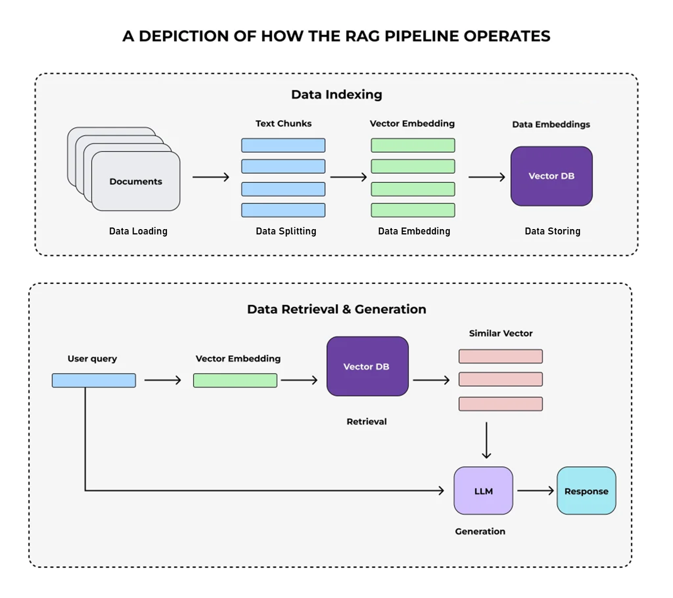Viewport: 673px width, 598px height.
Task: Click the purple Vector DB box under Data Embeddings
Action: click(551, 176)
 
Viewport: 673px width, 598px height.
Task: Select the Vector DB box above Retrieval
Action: click(367, 366)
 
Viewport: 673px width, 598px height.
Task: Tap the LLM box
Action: click(483, 491)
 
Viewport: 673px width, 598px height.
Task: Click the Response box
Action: click(586, 491)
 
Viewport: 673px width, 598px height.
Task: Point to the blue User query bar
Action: click(94, 380)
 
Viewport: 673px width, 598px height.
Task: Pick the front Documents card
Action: click(136, 181)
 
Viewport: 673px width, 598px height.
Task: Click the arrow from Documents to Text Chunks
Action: click(211, 177)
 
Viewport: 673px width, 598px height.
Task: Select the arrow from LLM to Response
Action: click(535, 491)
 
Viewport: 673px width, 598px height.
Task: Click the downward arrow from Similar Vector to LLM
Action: click(486, 440)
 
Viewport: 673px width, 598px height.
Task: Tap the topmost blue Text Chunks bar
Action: click(283, 145)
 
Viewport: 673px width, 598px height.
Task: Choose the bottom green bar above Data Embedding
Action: click(413, 210)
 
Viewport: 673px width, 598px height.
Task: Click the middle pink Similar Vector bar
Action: click(501, 379)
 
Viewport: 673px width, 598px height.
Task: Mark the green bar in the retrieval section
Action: click(235, 380)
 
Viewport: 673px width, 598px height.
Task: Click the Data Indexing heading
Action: click(336, 95)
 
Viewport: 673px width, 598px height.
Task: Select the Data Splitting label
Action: click(286, 231)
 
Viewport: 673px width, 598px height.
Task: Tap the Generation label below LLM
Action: click(480, 531)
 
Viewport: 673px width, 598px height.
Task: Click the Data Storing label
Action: click(552, 231)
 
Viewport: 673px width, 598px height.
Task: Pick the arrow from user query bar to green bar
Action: click(163, 380)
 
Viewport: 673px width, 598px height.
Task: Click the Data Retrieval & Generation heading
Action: click(336, 309)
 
